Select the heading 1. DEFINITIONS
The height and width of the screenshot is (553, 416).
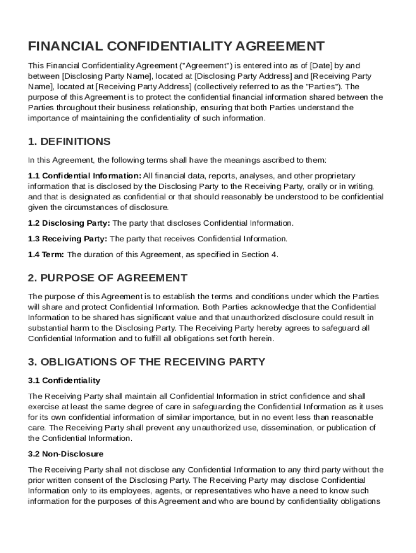click(69, 141)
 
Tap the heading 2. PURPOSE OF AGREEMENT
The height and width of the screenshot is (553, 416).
click(108, 278)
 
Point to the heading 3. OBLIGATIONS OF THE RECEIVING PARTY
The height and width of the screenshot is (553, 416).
click(146, 362)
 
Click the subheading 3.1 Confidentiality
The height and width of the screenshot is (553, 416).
click(64, 381)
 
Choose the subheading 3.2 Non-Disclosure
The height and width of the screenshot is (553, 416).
click(65, 454)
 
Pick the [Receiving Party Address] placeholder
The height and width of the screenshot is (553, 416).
click(143, 86)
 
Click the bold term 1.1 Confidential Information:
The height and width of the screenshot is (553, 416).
click(85, 176)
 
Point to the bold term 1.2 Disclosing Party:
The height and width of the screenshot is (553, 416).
click(69, 223)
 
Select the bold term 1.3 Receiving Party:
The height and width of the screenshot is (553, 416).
click(68, 239)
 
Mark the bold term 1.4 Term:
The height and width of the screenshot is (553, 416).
click(46, 254)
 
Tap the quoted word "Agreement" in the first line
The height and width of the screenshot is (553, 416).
click(166, 66)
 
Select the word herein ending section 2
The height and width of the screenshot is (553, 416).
click(262, 339)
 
